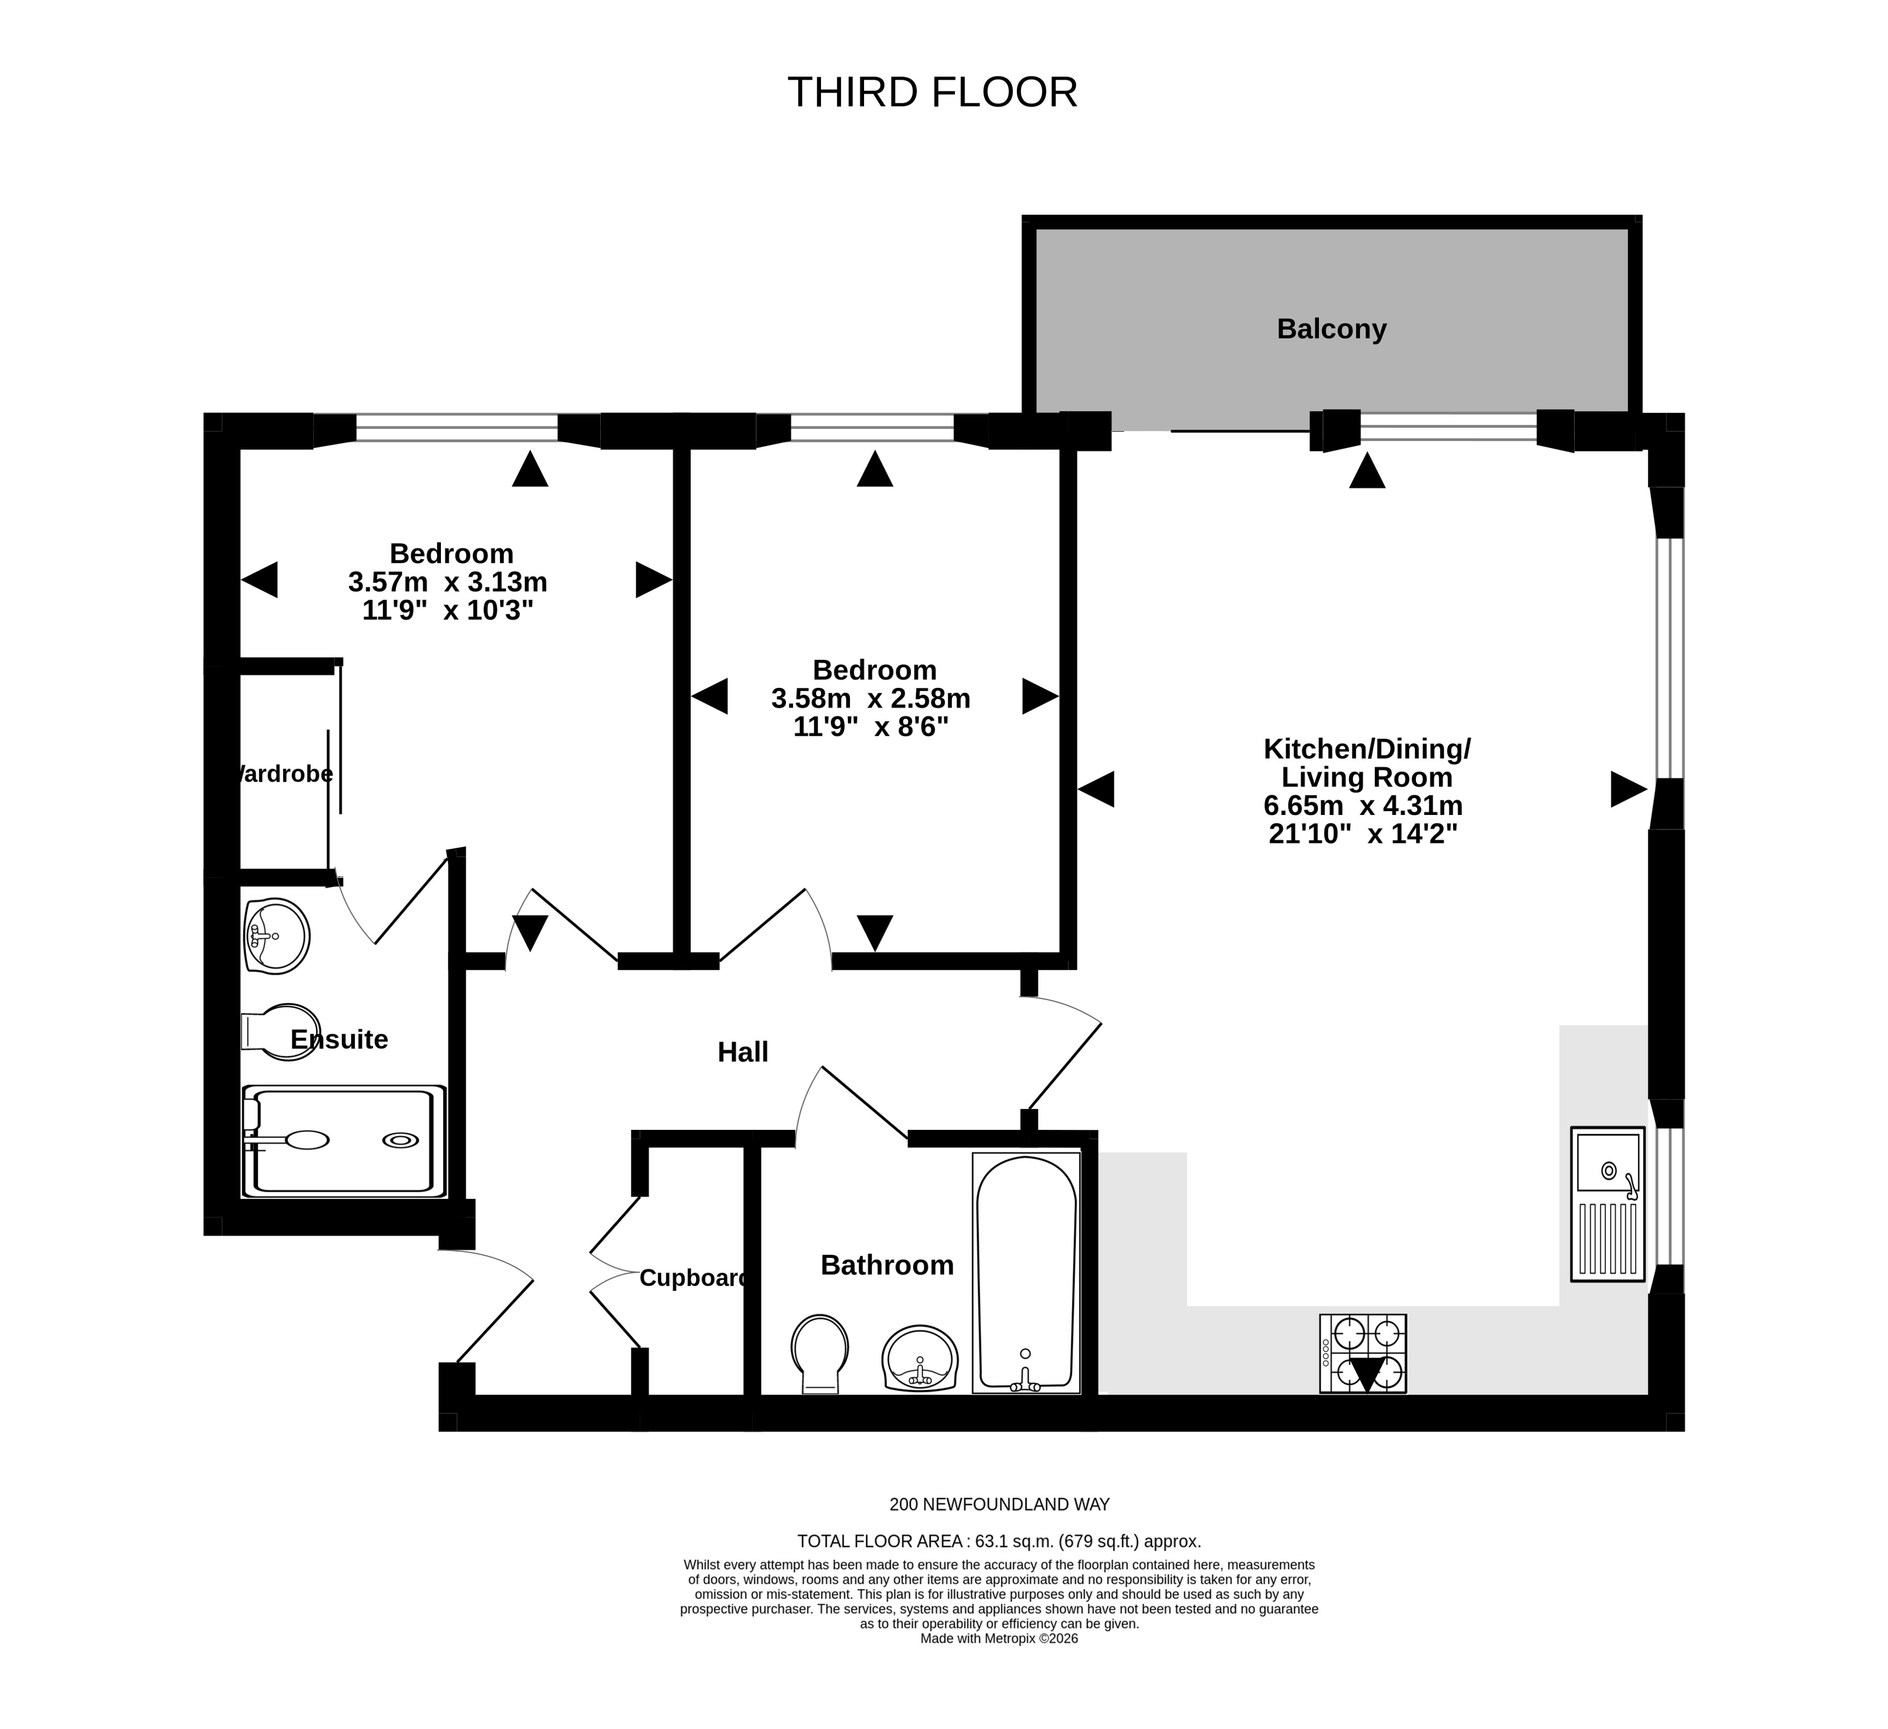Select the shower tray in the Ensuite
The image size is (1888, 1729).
tap(343, 1141)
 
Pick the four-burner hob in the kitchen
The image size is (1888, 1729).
tap(1363, 1353)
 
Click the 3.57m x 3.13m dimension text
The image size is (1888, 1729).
tap(448, 582)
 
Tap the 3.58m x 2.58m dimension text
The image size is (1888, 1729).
tap(871, 699)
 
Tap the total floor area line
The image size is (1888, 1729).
tap(999, 1541)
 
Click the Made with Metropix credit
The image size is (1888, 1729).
tap(999, 1664)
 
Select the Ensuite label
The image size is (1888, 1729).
tap(339, 1039)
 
